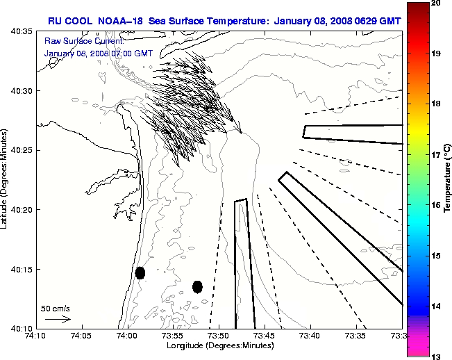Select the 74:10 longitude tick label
[36, 336]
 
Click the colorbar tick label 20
[436, 3]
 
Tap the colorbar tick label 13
[436, 357]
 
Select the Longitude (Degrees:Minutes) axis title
[219, 345]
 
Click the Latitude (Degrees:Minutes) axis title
[5, 179]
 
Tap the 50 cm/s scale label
[55, 308]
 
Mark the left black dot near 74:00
[140, 272]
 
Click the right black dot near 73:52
[197, 286]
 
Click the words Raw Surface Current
[76, 41]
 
